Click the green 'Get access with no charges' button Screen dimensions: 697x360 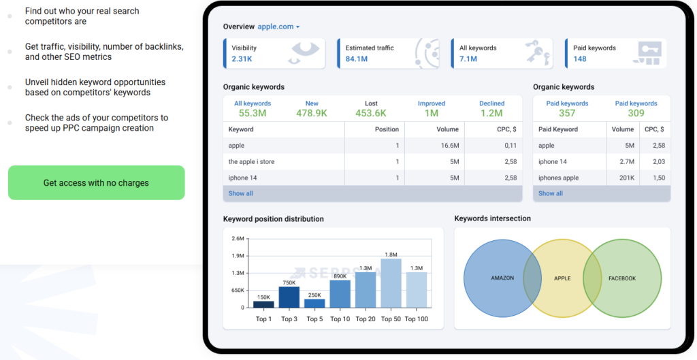[96, 182]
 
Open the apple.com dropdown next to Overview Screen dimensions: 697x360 [278, 27]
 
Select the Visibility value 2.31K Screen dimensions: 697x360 [242, 59]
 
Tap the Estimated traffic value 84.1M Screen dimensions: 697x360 [357, 59]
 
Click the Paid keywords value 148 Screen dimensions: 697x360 [580, 59]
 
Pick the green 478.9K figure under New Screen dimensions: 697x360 [312, 114]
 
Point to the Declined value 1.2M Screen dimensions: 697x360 [491, 114]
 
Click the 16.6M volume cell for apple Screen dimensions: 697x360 [450, 146]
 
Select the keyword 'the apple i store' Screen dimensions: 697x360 [251, 162]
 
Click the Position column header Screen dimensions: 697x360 [387, 129]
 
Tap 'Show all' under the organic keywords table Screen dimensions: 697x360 [240, 193]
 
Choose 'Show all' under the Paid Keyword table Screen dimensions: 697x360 [550, 193]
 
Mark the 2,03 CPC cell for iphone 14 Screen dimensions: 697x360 [659, 162]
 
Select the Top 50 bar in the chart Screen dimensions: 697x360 [391, 282]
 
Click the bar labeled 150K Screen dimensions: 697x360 [263, 304]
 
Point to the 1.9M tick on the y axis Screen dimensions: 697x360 [238, 256]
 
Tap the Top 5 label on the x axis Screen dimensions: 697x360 [314, 319]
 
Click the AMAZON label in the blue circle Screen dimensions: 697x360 [502, 278]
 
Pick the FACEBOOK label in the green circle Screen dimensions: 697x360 [622, 278]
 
